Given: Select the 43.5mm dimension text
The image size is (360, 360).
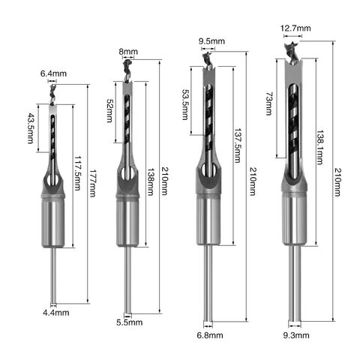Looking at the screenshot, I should pyautogui.click(x=31, y=128).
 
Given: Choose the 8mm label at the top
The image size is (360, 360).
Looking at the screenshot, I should pyautogui.click(x=128, y=52).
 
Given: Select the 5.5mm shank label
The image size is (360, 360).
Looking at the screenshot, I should pyautogui.click(x=129, y=323).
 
